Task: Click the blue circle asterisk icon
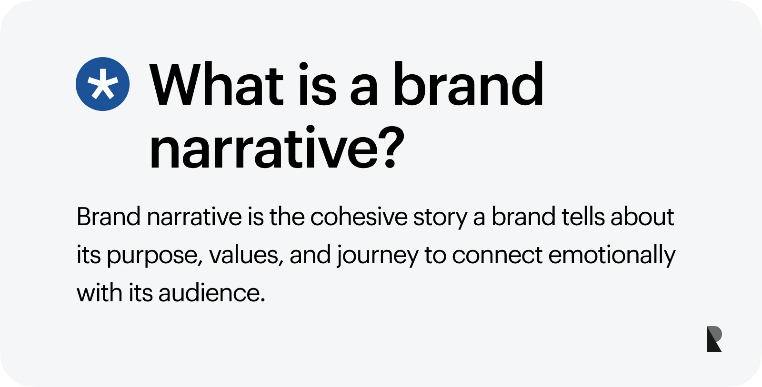pyautogui.click(x=102, y=84)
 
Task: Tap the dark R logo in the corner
pyautogui.click(x=714, y=339)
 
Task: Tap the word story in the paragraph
pyautogui.click(x=440, y=218)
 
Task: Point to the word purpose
pyautogui.click(x=151, y=256)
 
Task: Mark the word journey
pyautogui.click(x=378, y=256)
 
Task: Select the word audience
pyautogui.click(x=211, y=293)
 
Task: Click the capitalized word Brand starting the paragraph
pyautogui.click(x=109, y=217)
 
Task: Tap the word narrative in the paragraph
pyautogui.click(x=194, y=217)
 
